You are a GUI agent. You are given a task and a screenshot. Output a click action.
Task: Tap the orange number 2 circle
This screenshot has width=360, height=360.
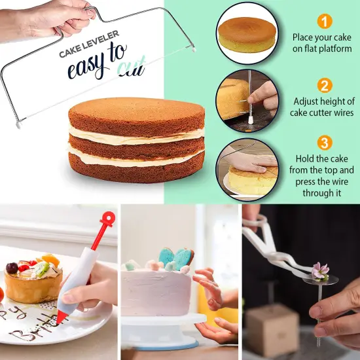tap(325, 86)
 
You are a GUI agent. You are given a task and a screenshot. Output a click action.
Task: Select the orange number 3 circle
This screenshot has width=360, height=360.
tap(325, 143)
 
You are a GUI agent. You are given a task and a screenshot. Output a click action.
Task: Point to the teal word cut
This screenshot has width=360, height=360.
tap(132, 69)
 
